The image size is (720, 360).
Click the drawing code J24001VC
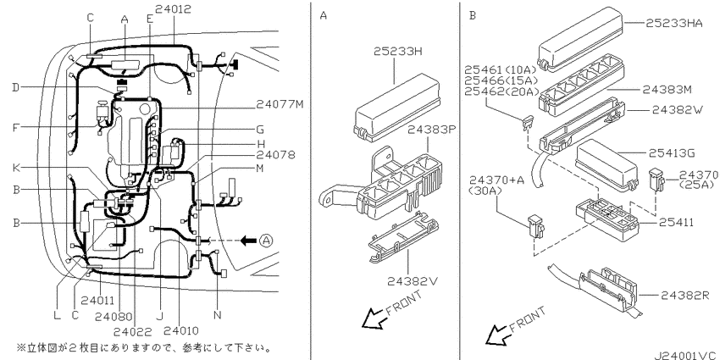(678, 346)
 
